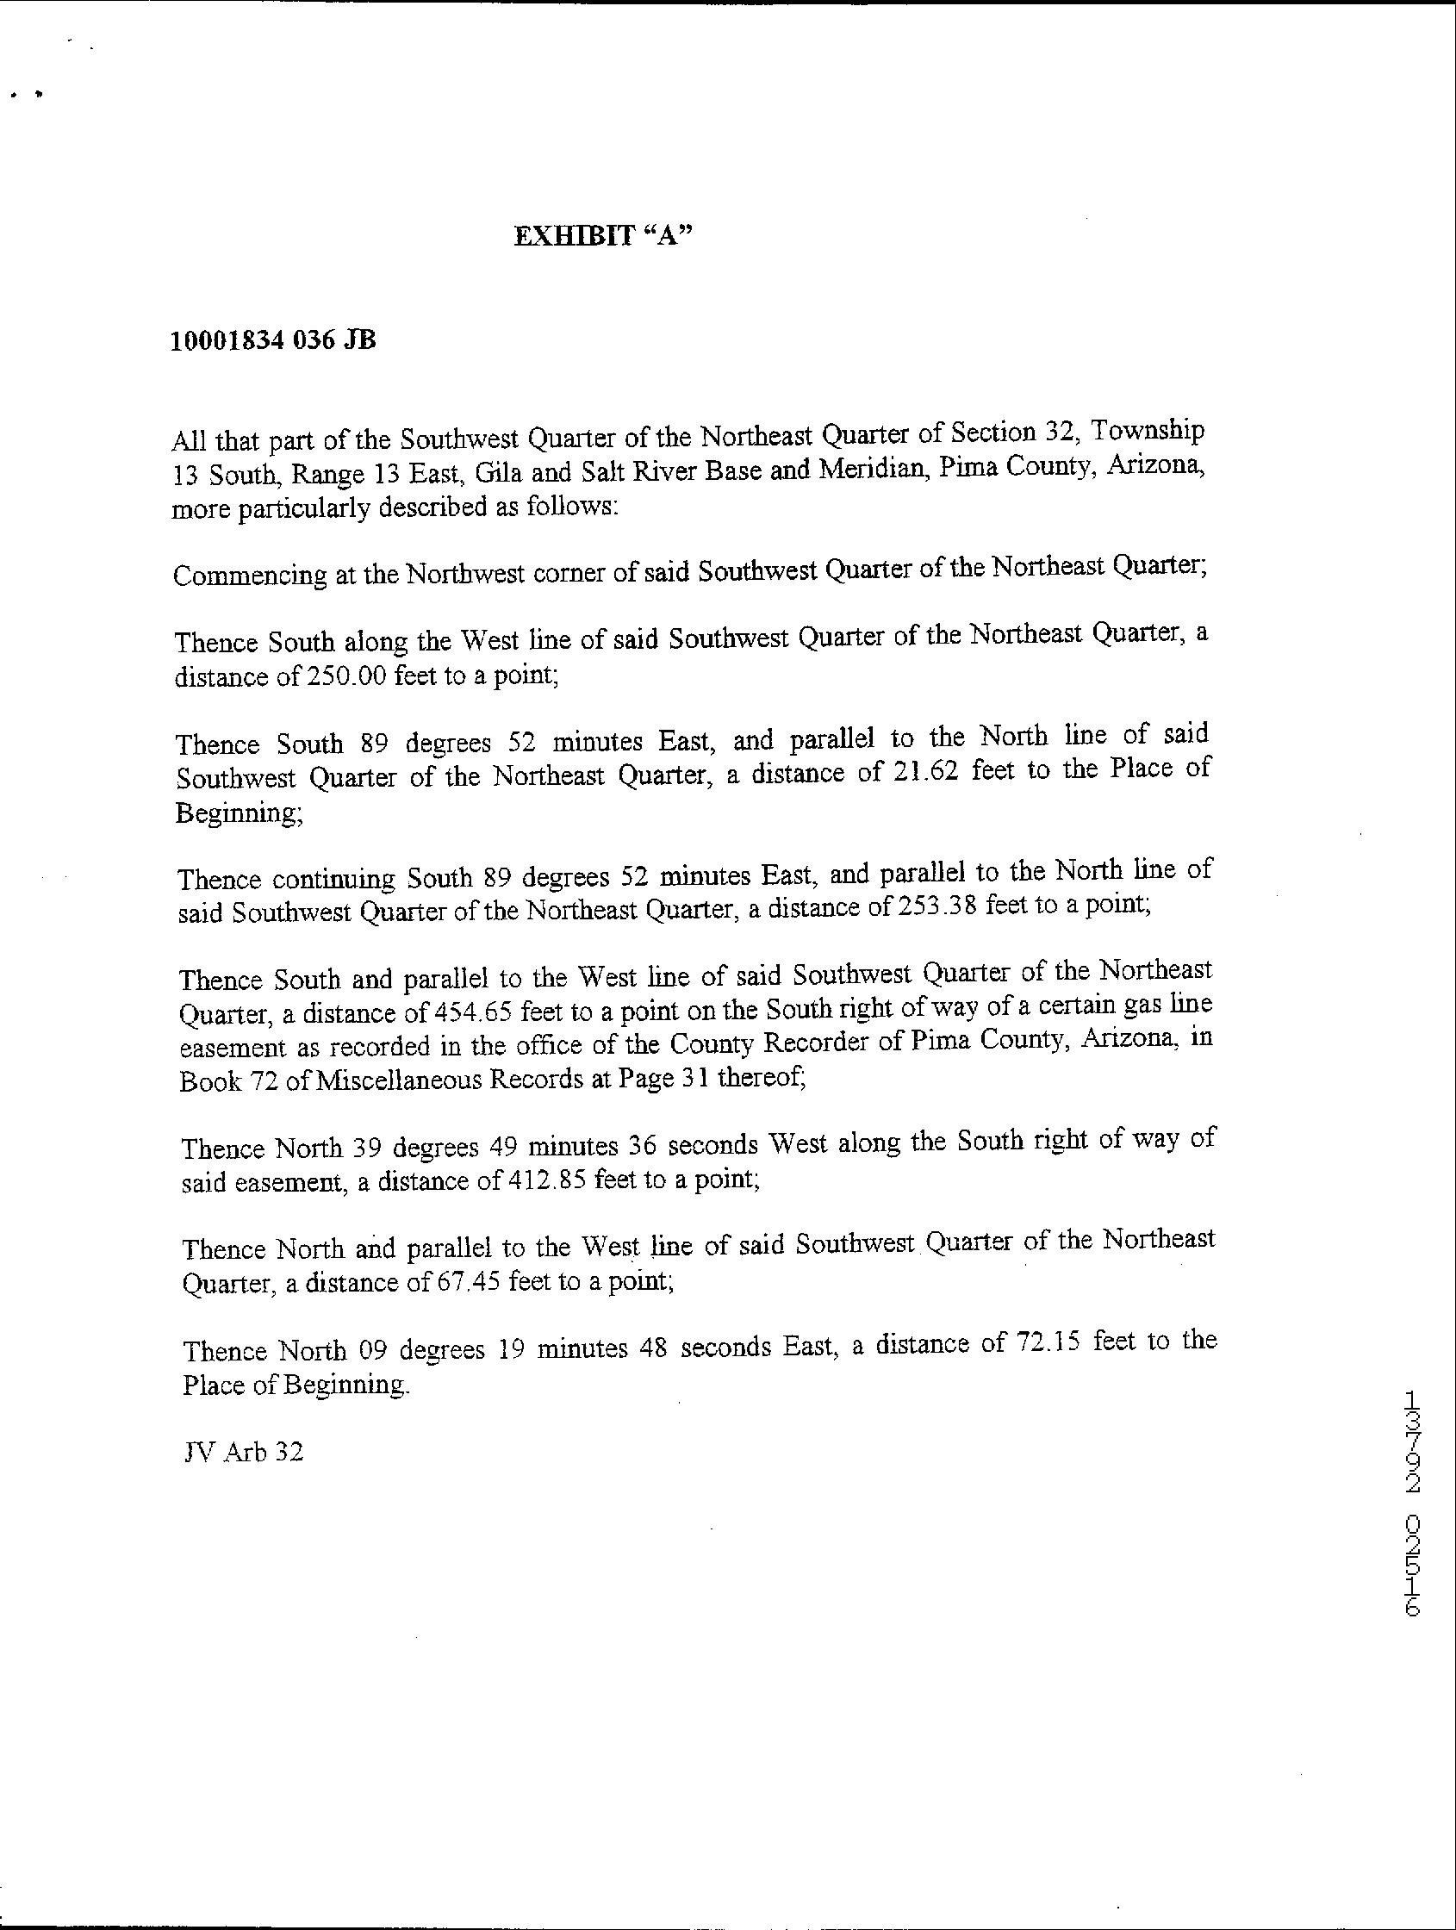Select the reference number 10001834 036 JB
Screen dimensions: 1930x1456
273,340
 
